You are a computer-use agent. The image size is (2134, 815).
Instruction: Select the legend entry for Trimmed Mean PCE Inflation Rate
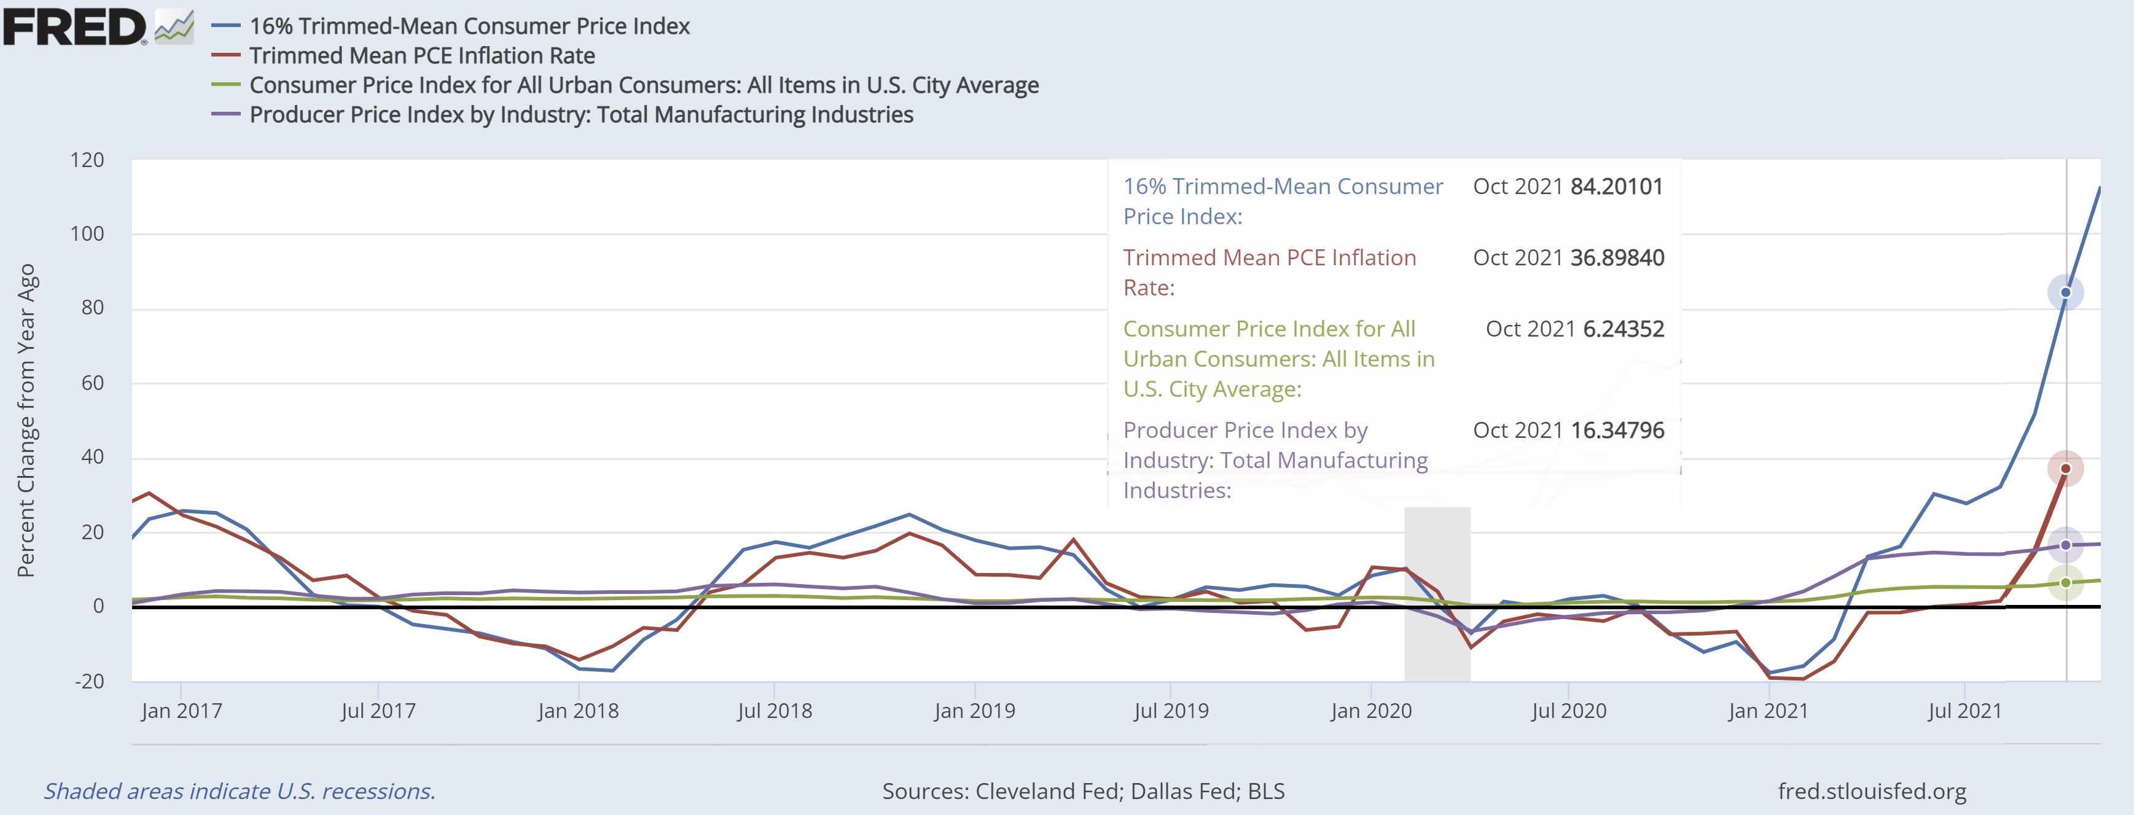point(421,55)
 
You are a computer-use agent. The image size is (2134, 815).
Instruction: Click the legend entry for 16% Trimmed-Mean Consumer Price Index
point(469,26)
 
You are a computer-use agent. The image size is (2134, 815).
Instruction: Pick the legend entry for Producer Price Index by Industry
point(580,114)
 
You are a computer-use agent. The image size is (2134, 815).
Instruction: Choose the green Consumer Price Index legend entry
point(644,85)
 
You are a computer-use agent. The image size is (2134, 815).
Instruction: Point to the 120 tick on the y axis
point(87,160)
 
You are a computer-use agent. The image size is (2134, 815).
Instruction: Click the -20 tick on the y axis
point(88,682)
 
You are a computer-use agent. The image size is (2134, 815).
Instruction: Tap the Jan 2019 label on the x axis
point(974,711)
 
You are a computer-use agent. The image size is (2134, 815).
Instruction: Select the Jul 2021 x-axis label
point(1964,711)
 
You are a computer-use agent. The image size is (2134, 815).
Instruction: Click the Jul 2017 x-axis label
point(378,711)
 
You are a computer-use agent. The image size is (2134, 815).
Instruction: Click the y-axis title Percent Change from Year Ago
point(26,420)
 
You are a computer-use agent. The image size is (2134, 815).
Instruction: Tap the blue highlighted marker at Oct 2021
point(2065,292)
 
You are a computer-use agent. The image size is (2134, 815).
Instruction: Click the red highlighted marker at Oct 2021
point(2065,469)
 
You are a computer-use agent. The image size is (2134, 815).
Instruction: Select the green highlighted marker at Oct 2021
point(2065,582)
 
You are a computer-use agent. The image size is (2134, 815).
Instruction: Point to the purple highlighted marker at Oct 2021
point(2065,545)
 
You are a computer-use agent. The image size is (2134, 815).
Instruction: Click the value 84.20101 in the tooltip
point(1616,186)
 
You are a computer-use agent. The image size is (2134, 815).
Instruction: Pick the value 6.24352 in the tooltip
point(1623,329)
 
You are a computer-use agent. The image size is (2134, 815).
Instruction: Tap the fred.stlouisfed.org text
point(1871,791)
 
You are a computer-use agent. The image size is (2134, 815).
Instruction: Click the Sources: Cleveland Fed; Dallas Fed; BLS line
point(1083,791)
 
